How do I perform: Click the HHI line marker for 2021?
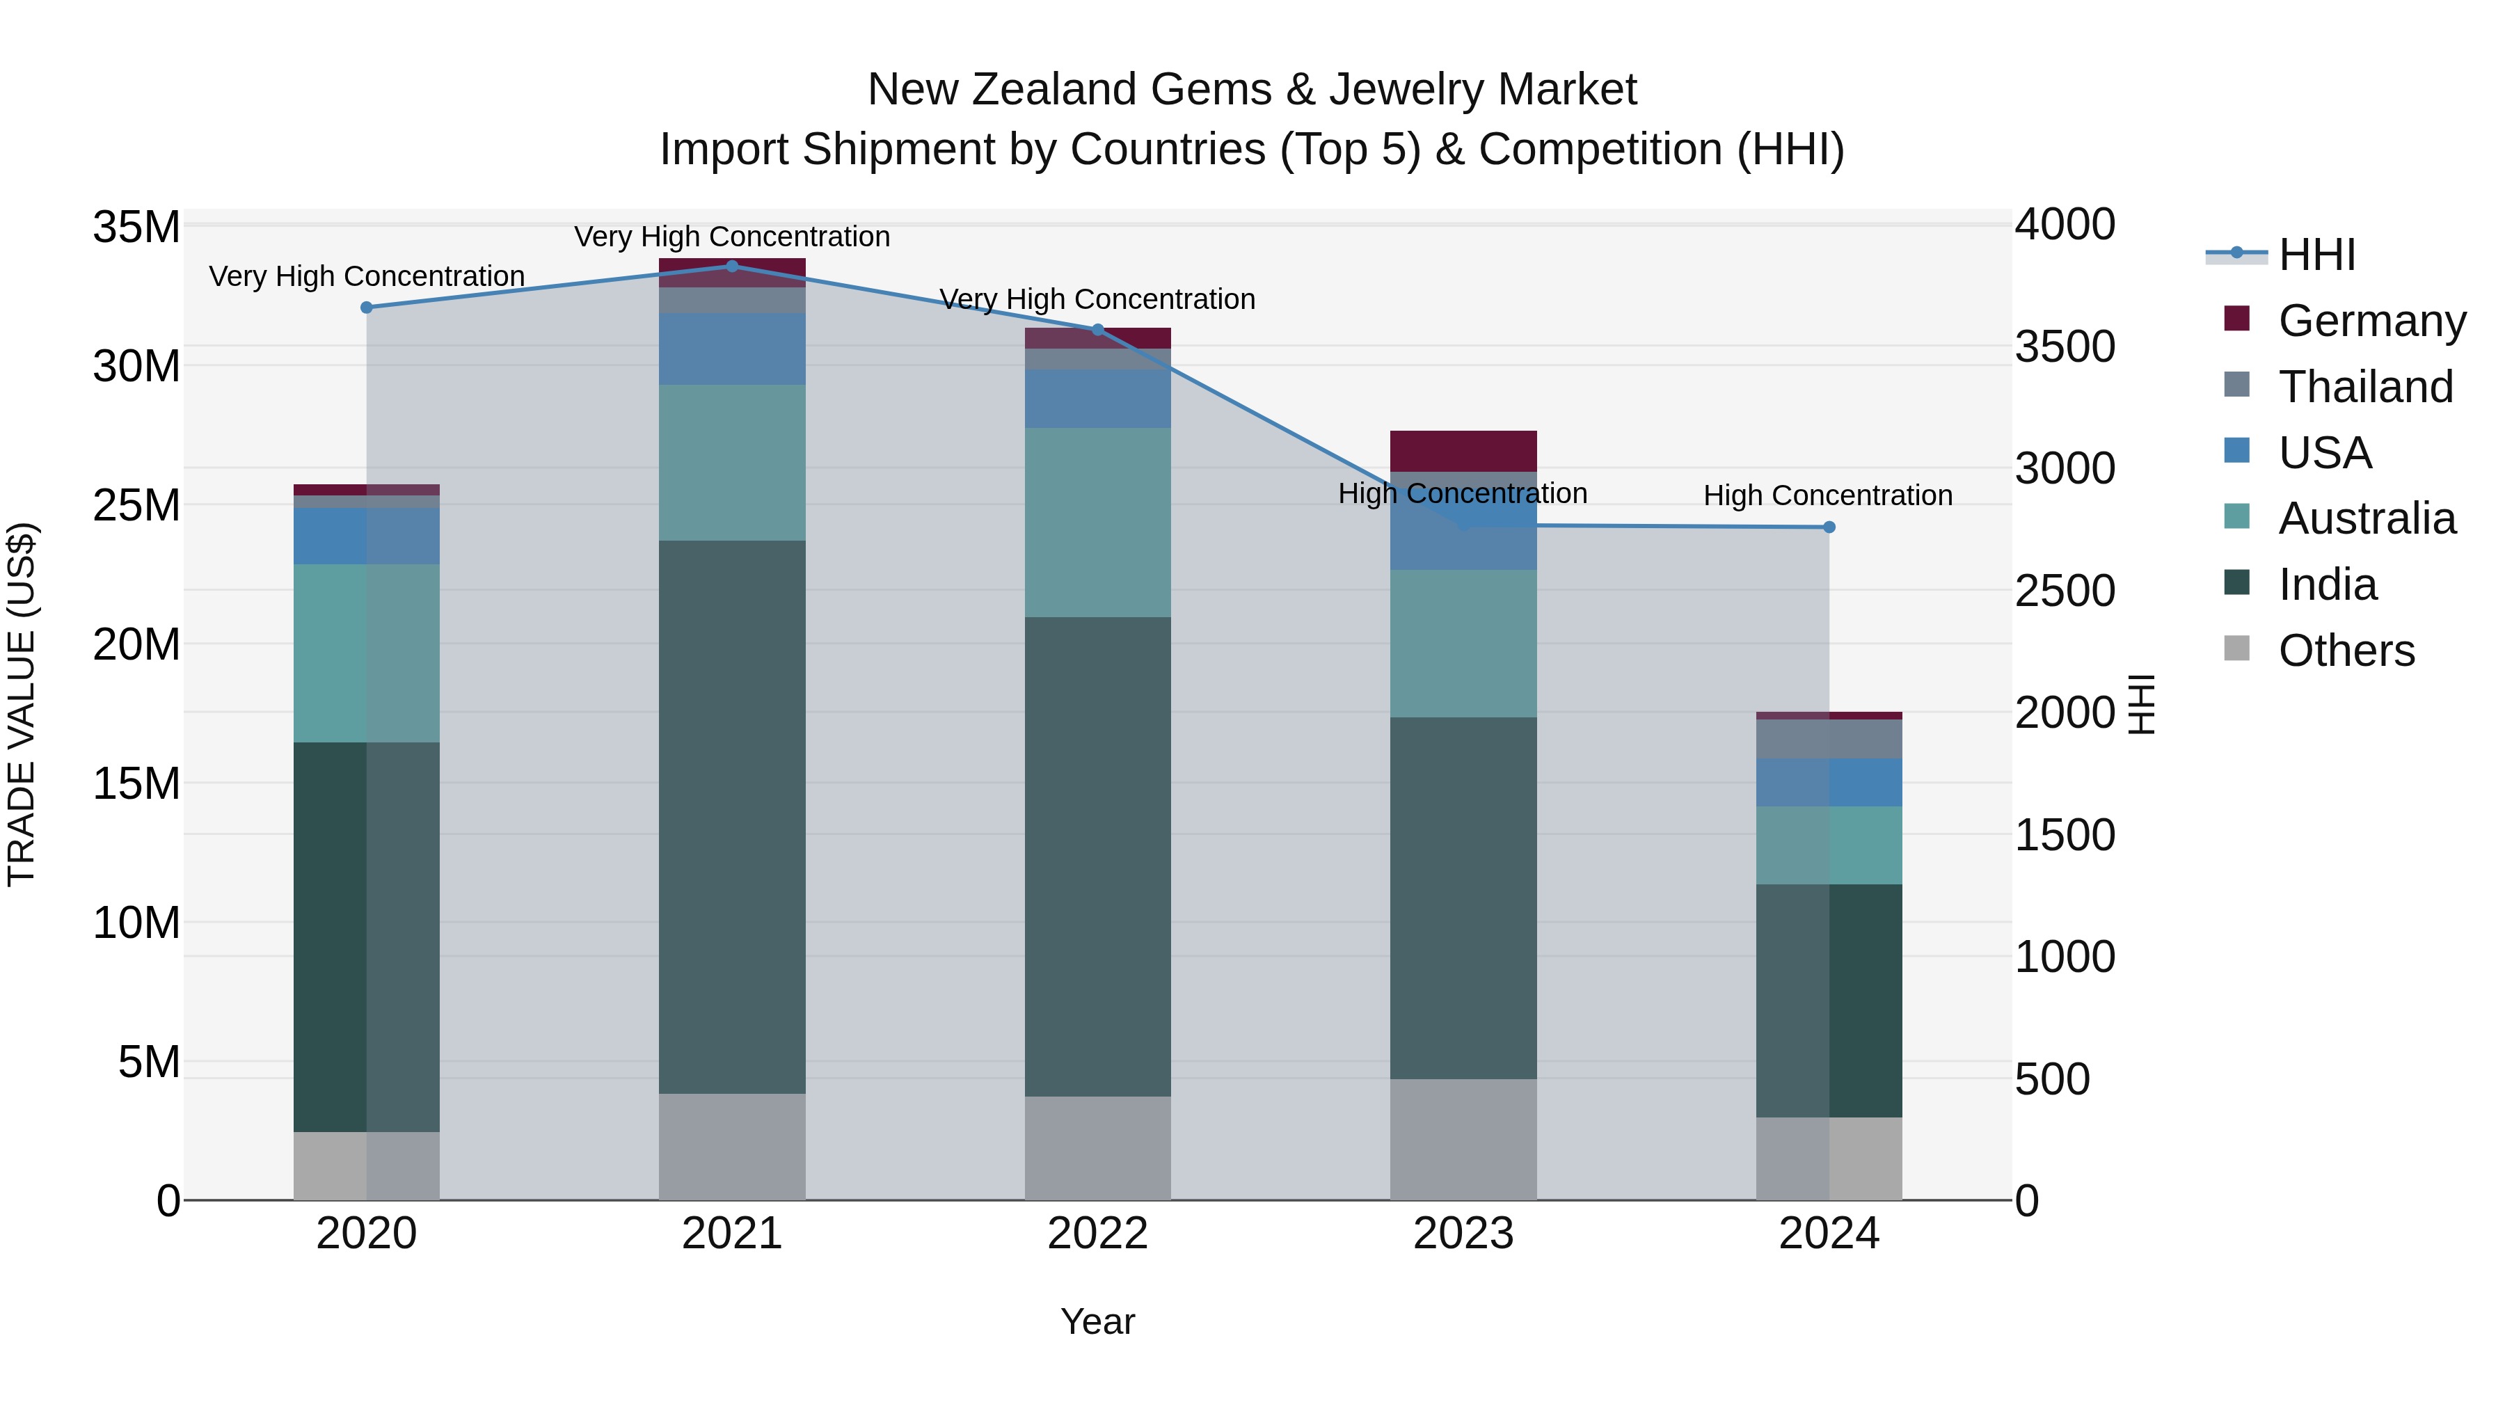click(x=732, y=266)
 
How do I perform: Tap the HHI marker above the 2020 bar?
click(x=367, y=308)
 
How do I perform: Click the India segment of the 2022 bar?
click(x=1098, y=856)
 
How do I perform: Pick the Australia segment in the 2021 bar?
click(x=732, y=462)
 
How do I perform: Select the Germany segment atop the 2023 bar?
click(x=1463, y=450)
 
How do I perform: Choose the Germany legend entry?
click(x=2371, y=321)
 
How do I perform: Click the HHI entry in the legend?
click(x=2316, y=255)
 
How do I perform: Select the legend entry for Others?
click(x=2346, y=651)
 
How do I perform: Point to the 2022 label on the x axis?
click(x=1098, y=1234)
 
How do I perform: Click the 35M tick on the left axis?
click(x=136, y=228)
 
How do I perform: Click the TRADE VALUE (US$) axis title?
click(x=22, y=704)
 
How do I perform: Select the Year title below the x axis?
click(x=1098, y=1321)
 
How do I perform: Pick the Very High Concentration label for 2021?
click(x=731, y=237)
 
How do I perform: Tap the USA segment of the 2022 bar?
click(x=1098, y=399)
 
